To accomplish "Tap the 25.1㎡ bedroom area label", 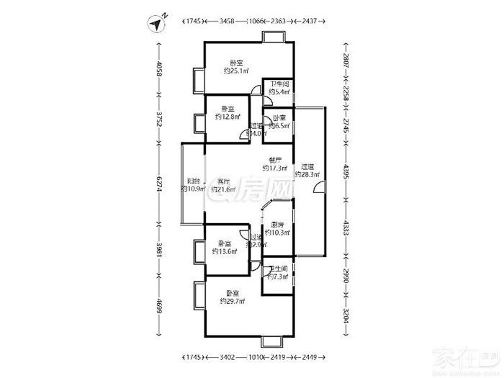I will click(x=236, y=67).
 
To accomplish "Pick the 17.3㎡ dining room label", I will click(x=275, y=164).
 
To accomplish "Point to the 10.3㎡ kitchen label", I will click(x=277, y=229).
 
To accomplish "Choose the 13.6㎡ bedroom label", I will click(x=226, y=248).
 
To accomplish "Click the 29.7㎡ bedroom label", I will click(x=233, y=297).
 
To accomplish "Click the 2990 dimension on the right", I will click(x=346, y=276).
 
